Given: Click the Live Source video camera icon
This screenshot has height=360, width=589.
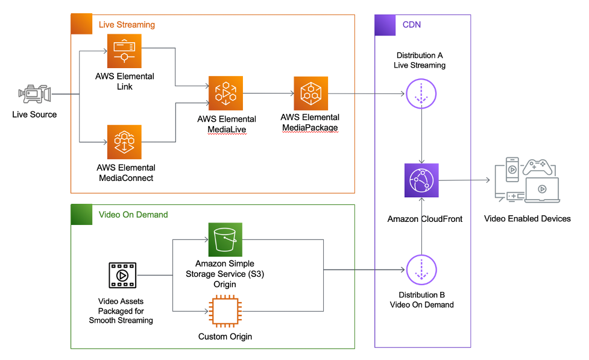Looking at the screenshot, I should [x=34, y=94].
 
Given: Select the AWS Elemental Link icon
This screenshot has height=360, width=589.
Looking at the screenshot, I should [x=124, y=51].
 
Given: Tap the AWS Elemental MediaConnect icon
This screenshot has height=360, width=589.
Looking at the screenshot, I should [x=124, y=142].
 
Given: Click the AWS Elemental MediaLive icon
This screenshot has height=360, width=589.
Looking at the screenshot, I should [x=225, y=93].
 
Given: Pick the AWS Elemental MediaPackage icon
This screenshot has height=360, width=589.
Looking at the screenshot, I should [x=310, y=93].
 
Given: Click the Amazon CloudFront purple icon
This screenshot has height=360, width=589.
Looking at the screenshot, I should [x=421, y=180].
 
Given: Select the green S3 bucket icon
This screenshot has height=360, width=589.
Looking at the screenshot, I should [x=225, y=239].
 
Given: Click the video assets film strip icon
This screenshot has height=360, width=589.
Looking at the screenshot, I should [x=122, y=276].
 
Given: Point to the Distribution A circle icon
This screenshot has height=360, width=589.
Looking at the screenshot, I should [x=421, y=94].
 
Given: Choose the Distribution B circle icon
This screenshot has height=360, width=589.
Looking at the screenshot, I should [x=421, y=269].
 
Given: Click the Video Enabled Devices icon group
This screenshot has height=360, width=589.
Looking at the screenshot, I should [x=526, y=180].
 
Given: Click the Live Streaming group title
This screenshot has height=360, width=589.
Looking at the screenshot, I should [x=127, y=25].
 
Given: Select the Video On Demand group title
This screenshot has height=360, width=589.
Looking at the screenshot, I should [x=133, y=215].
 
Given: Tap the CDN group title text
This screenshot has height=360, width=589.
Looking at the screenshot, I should [x=411, y=25].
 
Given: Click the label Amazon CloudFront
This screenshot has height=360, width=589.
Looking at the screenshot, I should [x=425, y=219].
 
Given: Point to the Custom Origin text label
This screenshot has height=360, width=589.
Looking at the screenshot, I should [x=225, y=336].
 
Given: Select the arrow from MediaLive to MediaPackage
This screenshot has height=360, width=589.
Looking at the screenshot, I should [x=268, y=93].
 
